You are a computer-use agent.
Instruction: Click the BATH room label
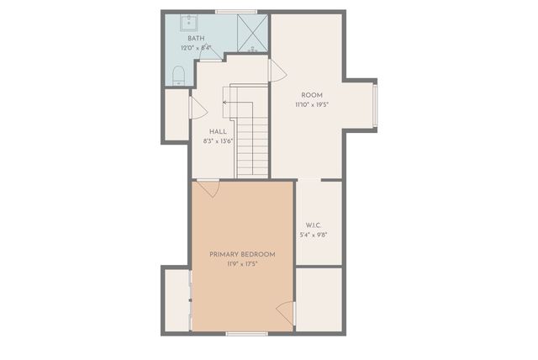[196, 39]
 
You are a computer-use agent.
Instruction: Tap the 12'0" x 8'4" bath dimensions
[196, 48]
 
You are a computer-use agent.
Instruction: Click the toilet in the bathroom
[177, 77]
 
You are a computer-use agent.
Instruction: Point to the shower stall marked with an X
[250, 32]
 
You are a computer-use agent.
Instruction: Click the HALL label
[218, 131]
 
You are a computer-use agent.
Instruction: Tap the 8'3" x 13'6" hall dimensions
[218, 141]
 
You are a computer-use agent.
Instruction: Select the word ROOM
[311, 95]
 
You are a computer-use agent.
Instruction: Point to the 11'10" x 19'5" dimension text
[311, 105]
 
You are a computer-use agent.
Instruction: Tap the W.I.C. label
[314, 225]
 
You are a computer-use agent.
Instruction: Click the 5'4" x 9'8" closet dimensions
[314, 235]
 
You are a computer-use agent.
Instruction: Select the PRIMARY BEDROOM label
[242, 254]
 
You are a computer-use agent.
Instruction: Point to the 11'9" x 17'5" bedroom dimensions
[242, 264]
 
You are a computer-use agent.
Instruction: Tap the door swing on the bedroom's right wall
[286, 312]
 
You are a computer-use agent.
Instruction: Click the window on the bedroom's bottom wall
[247, 333]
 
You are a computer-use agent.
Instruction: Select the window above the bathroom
[235, 11]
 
